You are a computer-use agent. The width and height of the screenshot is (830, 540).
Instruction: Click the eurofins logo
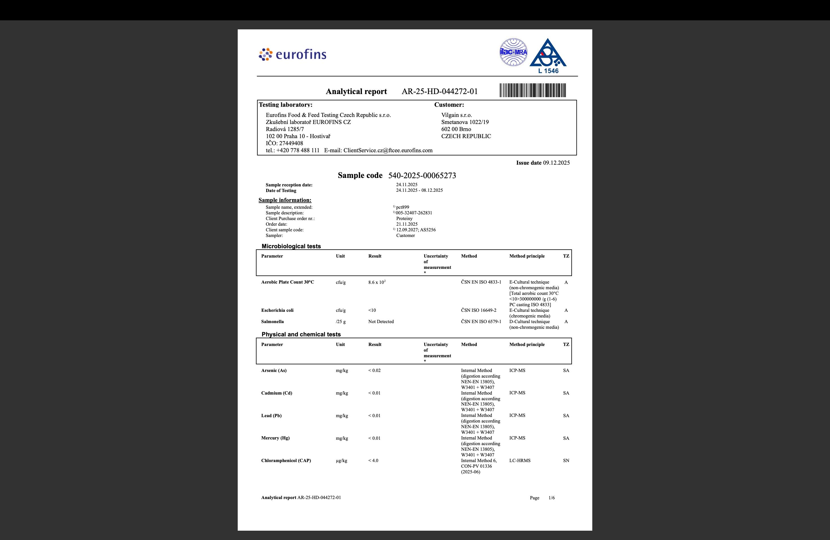point(292,55)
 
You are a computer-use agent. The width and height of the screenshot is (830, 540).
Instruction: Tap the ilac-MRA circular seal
point(513,52)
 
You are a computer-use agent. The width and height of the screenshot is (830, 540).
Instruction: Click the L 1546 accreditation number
point(548,71)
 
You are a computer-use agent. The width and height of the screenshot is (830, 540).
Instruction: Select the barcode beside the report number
point(532,90)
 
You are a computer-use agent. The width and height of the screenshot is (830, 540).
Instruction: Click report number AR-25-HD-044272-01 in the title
point(439,92)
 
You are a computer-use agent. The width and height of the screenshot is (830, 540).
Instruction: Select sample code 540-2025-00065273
point(422,175)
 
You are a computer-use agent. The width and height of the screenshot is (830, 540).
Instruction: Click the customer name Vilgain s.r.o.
point(456,115)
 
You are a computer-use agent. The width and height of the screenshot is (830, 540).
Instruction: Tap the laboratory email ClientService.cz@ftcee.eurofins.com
point(388,150)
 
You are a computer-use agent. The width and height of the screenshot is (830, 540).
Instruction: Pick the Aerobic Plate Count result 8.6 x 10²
point(377,282)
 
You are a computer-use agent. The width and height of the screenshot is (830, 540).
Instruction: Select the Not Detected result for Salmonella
point(381,322)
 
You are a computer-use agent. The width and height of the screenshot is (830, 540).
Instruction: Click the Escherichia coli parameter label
point(277,310)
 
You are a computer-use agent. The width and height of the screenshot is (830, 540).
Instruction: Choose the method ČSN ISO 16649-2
point(479,310)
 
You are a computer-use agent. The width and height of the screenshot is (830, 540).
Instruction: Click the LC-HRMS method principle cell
point(520,460)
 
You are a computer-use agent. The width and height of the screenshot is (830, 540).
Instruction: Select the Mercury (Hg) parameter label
point(275,438)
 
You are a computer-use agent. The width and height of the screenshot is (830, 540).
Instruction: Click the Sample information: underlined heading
point(285,200)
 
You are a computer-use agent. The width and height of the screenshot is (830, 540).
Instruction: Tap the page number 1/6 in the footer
point(551,498)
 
